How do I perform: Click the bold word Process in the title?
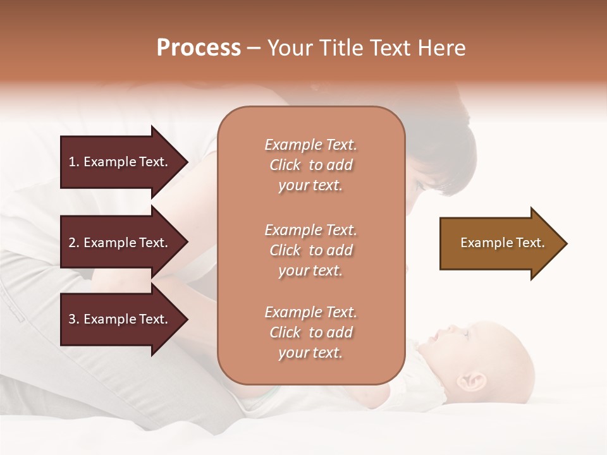[199, 48]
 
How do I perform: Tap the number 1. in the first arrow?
[73, 162]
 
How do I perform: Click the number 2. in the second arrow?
[73, 243]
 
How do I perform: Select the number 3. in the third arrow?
[73, 319]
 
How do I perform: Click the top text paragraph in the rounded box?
[310, 165]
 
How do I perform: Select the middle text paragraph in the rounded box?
[310, 250]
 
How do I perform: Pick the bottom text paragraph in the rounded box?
[310, 332]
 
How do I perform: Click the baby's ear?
[475, 380]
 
